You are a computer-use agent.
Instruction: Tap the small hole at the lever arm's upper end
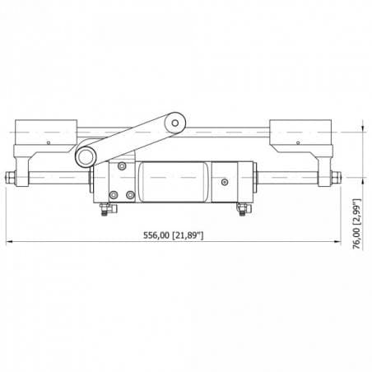174,123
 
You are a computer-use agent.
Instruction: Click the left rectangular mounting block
47,131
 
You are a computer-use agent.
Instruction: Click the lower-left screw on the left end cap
114,195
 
